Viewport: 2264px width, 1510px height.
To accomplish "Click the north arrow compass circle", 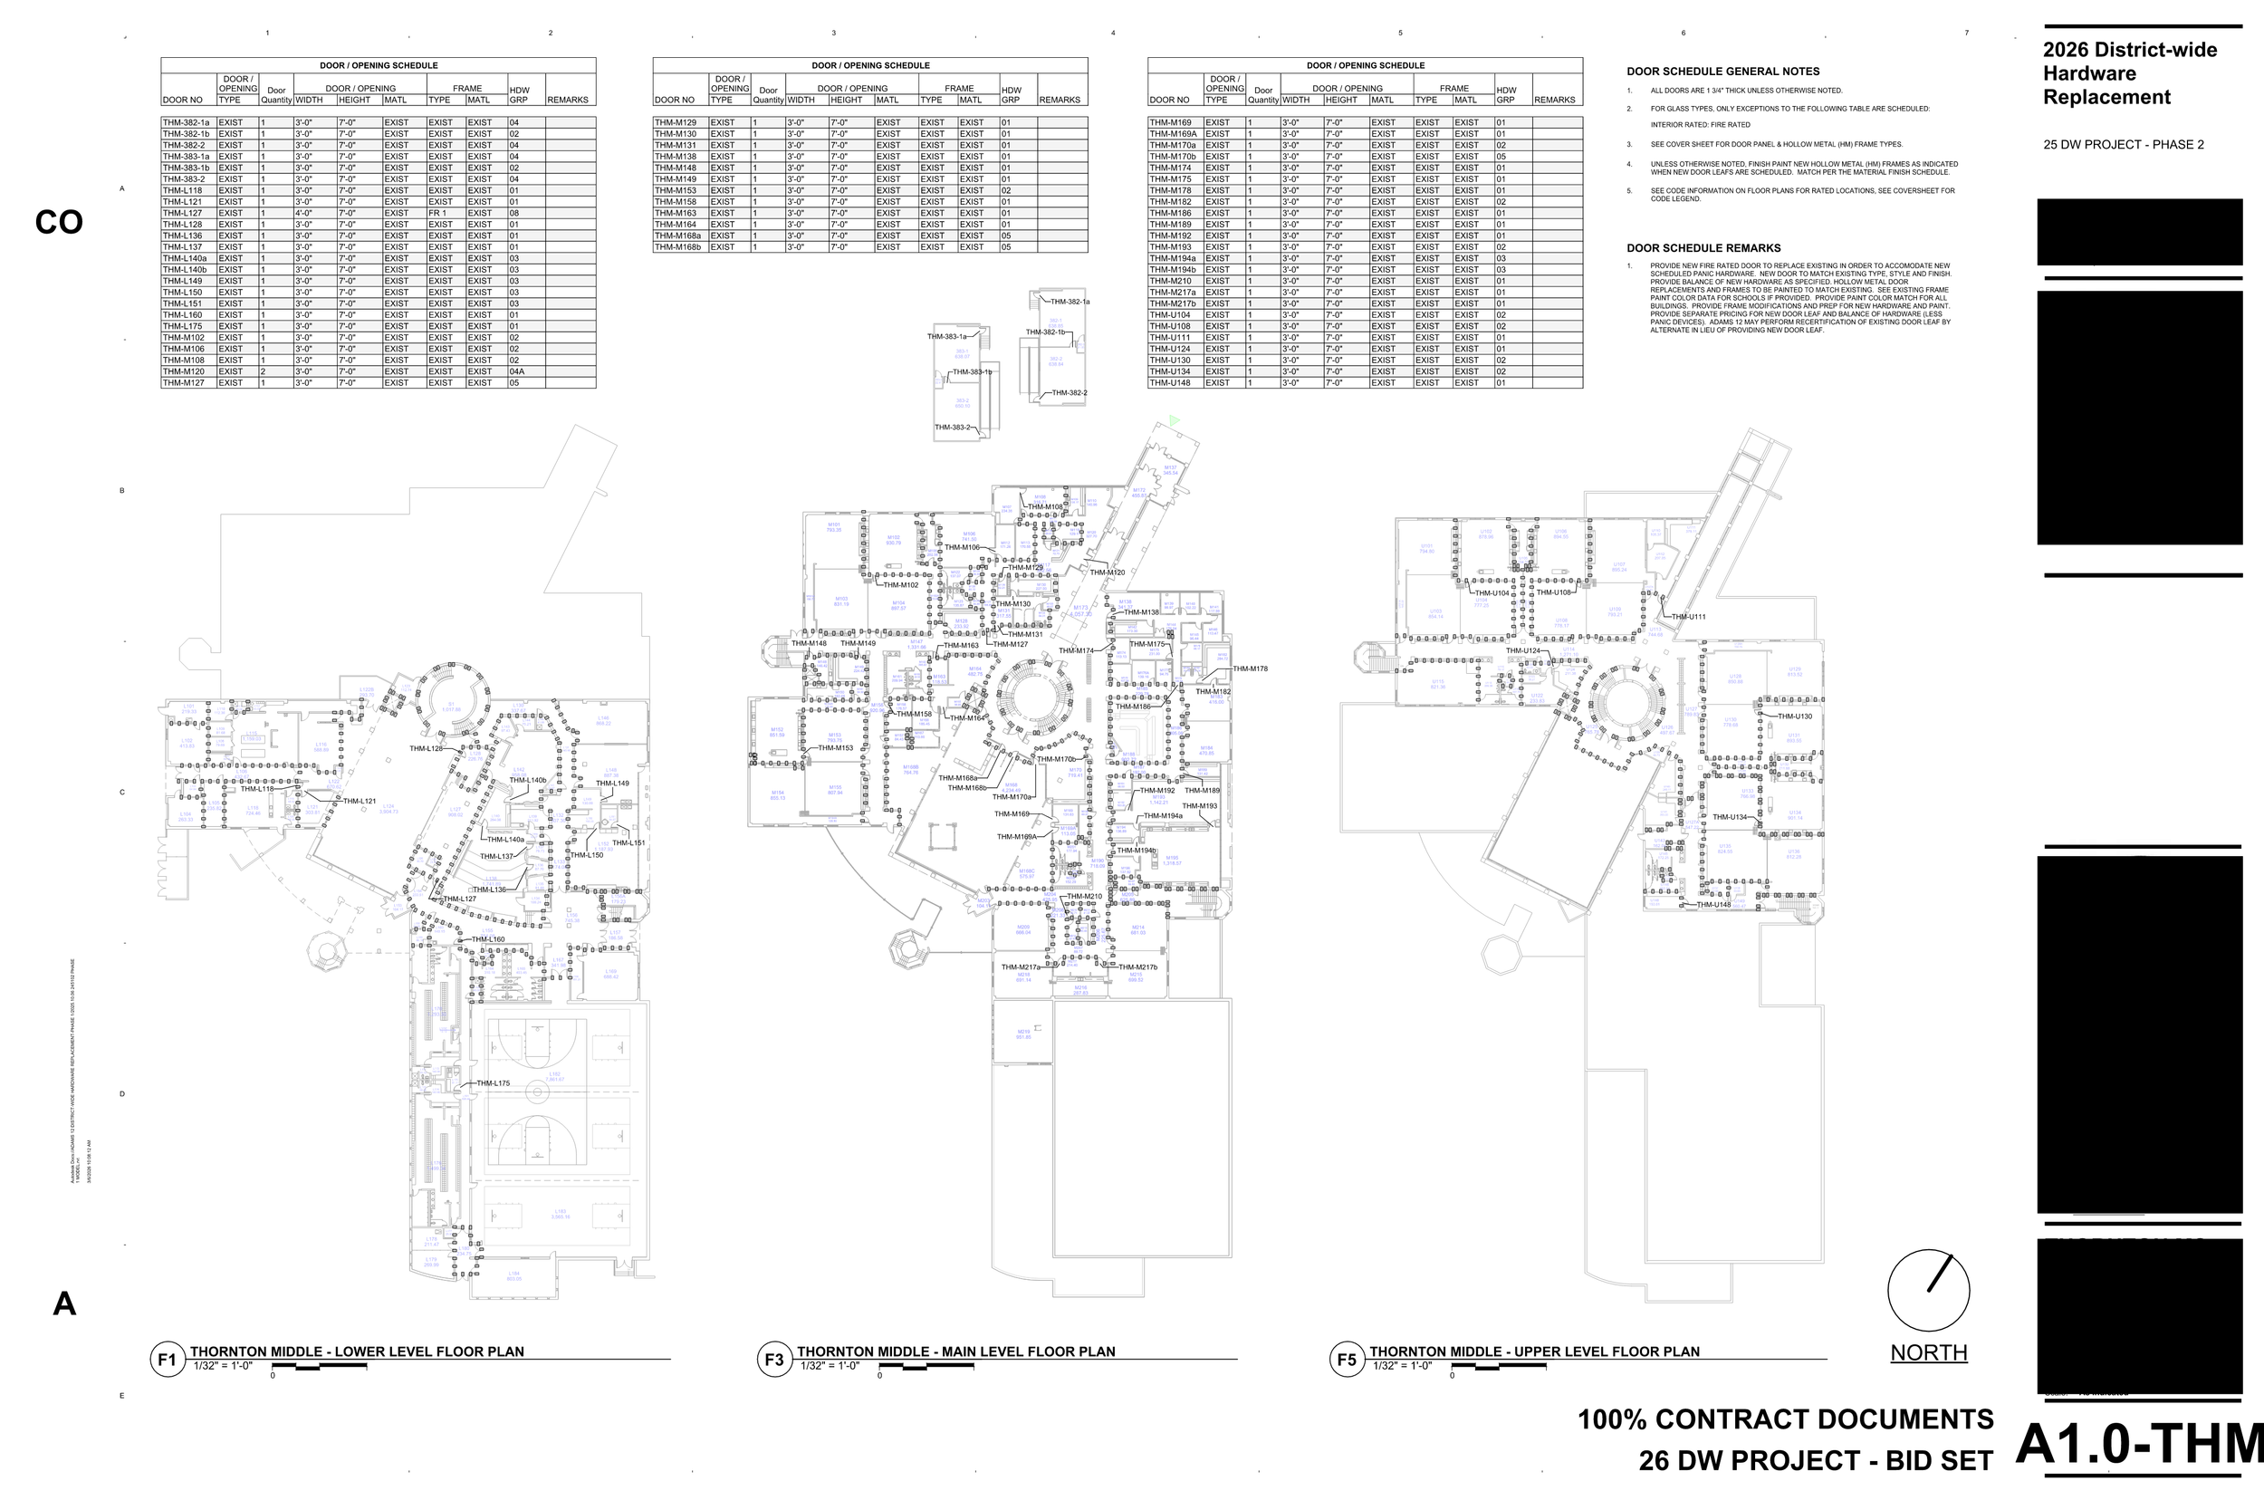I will pos(1928,1291).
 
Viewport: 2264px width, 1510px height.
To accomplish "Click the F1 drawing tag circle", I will pos(167,1360).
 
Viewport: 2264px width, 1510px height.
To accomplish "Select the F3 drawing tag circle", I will pos(774,1360).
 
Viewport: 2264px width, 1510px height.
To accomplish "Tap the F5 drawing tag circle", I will pos(1346,1360).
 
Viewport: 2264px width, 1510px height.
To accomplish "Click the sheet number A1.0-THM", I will pos(2139,1445).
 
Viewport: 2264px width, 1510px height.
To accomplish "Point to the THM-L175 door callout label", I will pos(493,1083).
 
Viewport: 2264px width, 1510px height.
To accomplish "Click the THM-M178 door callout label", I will pos(1250,668).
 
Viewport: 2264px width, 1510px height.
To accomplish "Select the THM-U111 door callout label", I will pos(1688,617).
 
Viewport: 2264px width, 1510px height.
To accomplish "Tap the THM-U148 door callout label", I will pos(1713,904).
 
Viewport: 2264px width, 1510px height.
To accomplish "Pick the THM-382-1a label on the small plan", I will pos(1070,303).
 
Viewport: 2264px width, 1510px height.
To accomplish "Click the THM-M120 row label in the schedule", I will pos(183,371).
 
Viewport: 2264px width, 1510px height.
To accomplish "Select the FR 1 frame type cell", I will pos(438,213).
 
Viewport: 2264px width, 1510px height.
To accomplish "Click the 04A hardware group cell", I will pos(517,371).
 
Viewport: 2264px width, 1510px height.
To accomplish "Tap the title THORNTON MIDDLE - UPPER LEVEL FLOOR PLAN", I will pos(1534,1351).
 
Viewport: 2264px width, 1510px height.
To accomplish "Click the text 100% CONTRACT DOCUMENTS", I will pos(1786,1419).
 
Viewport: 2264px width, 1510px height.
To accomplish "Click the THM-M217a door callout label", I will pos(1021,967).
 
